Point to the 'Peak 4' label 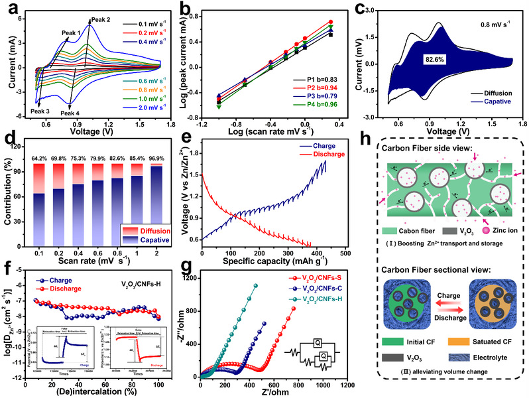[71, 113]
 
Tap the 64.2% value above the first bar [41, 157]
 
